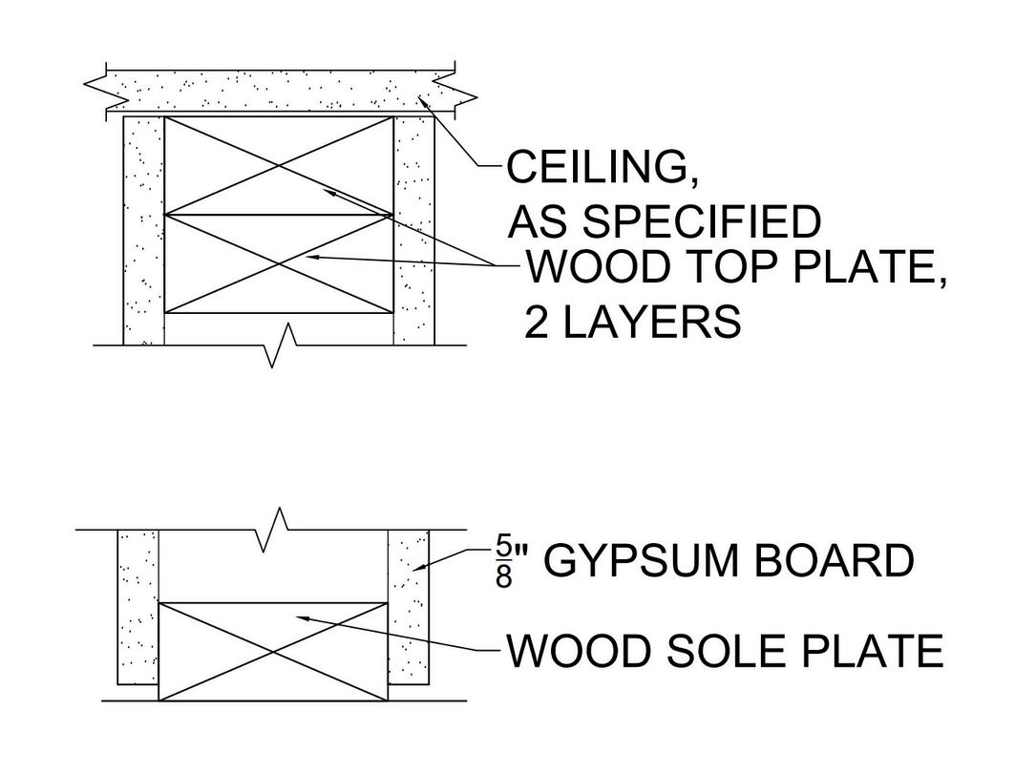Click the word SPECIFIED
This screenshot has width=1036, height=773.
[x=701, y=222]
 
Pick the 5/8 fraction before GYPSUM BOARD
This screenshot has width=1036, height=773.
[x=503, y=562]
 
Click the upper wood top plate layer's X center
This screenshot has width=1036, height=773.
[x=279, y=166]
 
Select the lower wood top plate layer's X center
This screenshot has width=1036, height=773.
[x=279, y=263]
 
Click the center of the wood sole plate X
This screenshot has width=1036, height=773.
[x=273, y=652]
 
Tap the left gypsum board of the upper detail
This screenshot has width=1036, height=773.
[x=143, y=231]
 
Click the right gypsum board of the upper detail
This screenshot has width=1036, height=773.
[x=414, y=231]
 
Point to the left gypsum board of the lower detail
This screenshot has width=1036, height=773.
[x=137, y=607]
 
